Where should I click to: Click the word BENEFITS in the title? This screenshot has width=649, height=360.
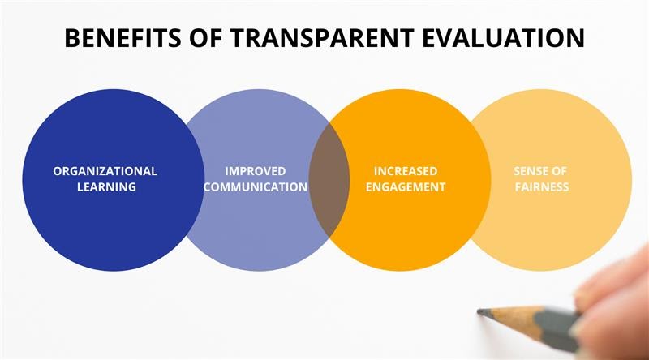pos(122,37)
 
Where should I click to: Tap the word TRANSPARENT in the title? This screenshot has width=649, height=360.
pos(322,37)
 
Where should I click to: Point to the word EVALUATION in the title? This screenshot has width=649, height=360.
pos(503,37)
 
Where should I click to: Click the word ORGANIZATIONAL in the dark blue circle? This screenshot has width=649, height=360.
pos(105,171)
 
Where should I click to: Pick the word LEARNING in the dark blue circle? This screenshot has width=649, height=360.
pos(106,187)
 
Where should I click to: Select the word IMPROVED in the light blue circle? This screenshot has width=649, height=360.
pos(256,171)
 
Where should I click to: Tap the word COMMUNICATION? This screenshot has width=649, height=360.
pos(256,187)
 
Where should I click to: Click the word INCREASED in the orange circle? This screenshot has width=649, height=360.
pos(406,171)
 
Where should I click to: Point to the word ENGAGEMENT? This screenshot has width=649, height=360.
pos(406,187)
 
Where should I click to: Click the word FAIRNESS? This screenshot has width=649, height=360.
pos(542,187)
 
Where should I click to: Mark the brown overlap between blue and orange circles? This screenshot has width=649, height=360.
pos(329,180)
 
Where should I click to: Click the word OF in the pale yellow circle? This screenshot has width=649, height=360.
pos(559,171)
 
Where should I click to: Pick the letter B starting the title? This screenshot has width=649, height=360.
pos(72,37)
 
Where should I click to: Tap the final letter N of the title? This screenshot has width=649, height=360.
pos(576,37)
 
